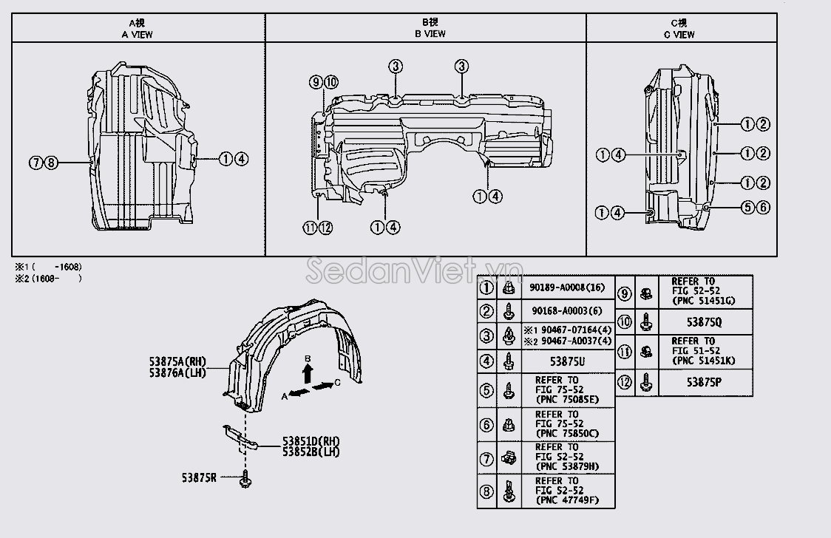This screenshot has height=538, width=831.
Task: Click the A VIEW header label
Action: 137,35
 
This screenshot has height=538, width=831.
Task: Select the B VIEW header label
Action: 430,34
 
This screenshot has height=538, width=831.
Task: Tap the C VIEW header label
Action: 679,35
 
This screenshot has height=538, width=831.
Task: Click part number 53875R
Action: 199,477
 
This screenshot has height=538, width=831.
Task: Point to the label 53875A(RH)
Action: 177,361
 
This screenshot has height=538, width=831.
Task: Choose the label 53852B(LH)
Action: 311,452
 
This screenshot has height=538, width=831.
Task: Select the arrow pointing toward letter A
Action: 299,392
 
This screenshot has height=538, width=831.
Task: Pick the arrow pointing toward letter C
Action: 322,386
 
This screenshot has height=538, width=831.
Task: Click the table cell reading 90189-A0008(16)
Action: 567,287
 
